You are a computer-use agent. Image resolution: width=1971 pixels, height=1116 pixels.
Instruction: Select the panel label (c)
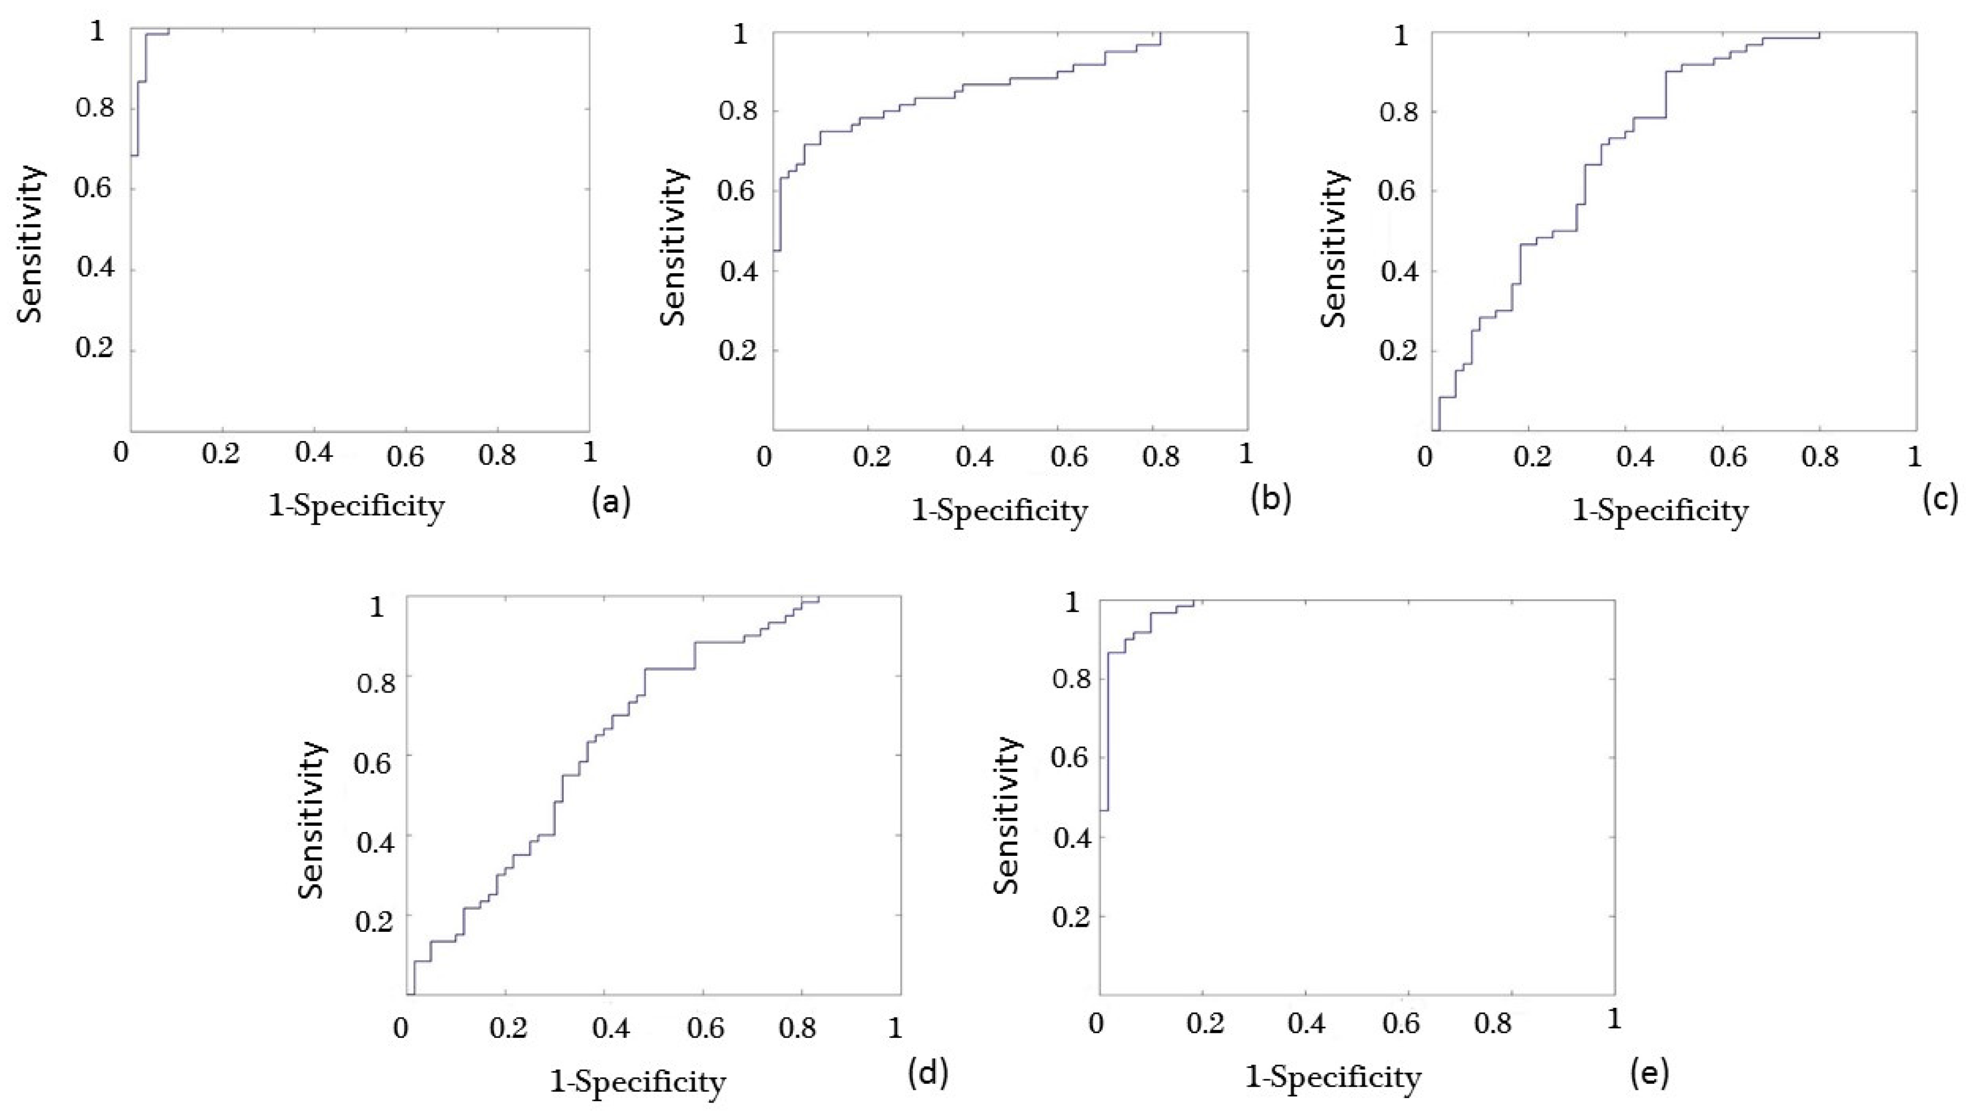point(1940,499)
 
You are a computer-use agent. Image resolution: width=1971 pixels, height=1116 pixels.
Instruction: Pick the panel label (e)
point(1649,1073)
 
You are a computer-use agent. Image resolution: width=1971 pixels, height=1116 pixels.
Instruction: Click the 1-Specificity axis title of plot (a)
point(356,507)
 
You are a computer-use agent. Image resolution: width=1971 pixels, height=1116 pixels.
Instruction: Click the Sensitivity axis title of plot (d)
point(312,820)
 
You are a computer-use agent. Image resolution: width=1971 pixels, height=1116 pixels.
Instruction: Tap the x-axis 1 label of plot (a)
point(589,452)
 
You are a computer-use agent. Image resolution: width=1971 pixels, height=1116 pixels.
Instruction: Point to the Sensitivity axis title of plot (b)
point(674,248)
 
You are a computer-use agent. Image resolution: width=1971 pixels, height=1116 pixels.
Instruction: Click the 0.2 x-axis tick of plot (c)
point(1532,457)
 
